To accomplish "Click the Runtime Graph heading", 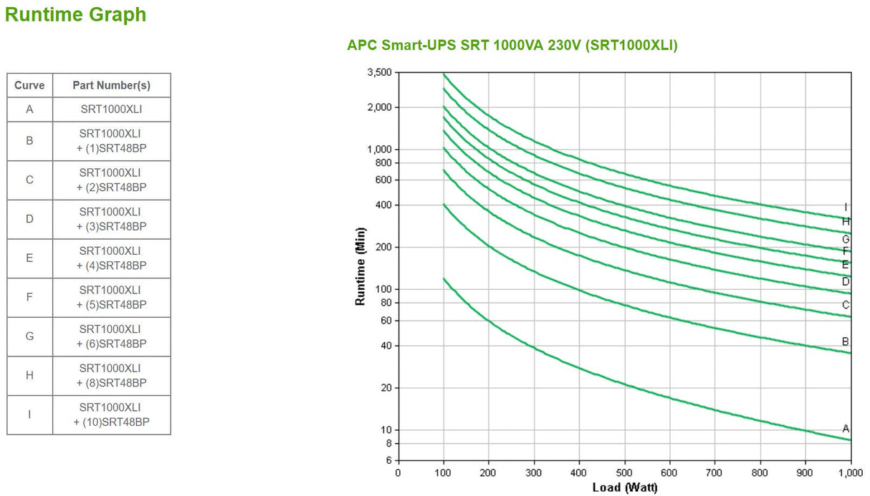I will (75, 14).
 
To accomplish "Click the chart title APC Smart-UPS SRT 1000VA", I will (512, 45).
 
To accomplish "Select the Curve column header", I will (29, 85).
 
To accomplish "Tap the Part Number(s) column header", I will (111, 85).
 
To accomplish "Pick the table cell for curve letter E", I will (29, 258).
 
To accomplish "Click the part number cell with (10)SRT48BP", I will (111, 415).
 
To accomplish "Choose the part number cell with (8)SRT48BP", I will (111, 376).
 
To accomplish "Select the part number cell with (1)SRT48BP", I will (111, 141).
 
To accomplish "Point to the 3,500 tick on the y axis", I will (378, 72).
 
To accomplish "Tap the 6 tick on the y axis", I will (388, 461).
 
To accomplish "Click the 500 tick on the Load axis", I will (624, 473).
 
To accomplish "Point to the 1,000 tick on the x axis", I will (850, 473).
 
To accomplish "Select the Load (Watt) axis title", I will (624, 488).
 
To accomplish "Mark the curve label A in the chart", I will (846, 429).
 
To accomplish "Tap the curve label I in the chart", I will (846, 208).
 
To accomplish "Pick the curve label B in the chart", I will (846, 341).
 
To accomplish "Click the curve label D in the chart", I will (846, 282).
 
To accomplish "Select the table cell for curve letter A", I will (29, 110).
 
